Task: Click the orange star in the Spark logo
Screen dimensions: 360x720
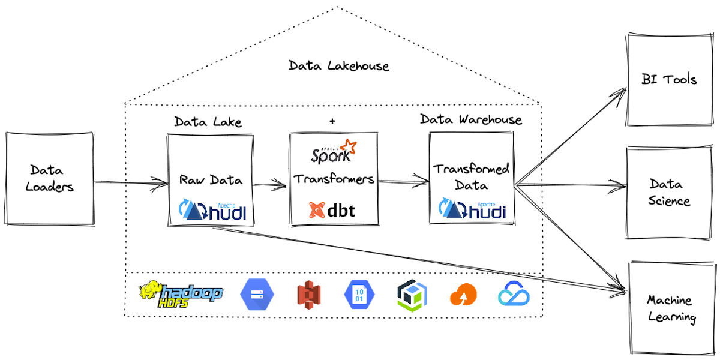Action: point(347,148)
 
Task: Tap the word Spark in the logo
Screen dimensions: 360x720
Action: point(327,156)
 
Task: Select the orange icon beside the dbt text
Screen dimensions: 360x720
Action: point(316,210)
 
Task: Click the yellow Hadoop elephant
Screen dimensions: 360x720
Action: point(151,290)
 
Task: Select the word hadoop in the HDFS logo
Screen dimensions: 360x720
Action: point(192,292)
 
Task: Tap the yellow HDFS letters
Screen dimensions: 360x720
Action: point(174,304)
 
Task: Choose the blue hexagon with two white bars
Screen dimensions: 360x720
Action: point(257,295)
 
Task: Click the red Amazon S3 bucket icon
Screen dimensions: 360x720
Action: point(309,295)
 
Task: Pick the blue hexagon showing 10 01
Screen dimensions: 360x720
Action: point(359,295)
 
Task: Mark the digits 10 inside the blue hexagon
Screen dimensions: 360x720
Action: point(359,291)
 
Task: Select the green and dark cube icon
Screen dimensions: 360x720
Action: point(412,295)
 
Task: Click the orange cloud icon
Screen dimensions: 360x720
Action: point(463,295)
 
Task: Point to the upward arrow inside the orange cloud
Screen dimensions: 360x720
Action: point(463,297)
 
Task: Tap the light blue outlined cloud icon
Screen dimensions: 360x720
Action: point(514,293)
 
